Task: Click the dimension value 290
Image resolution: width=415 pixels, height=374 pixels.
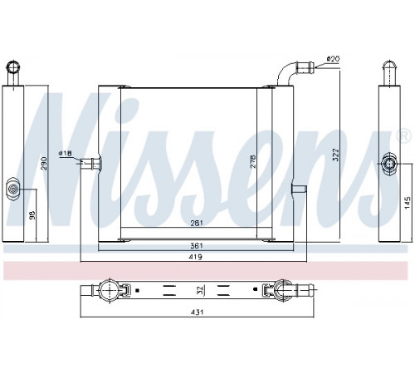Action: tap(45, 164)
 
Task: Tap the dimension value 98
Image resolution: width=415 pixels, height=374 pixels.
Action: tap(32, 215)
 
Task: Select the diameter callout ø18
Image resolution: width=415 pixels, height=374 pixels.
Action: tap(66, 153)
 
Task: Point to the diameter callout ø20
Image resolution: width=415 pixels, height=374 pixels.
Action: tap(333, 59)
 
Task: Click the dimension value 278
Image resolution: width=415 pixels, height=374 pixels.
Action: tap(253, 161)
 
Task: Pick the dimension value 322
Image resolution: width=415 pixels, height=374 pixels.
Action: tap(335, 155)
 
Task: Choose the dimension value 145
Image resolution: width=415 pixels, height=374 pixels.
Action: tap(408, 203)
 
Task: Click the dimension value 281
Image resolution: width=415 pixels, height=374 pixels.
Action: tap(197, 223)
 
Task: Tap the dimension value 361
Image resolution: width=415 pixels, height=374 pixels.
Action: tap(197, 245)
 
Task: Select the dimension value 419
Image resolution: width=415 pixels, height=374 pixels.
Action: tap(196, 257)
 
